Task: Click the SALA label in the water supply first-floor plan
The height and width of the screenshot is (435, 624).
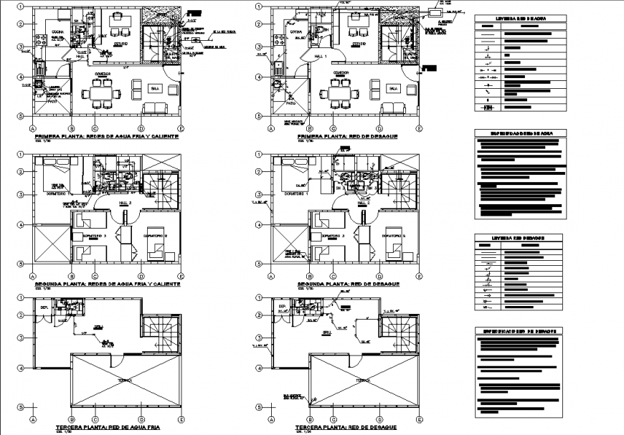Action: click(154, 88)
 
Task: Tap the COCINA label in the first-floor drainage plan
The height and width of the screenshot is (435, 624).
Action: click(295, 31)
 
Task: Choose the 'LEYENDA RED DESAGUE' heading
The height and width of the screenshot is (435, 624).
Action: click(518, 237)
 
